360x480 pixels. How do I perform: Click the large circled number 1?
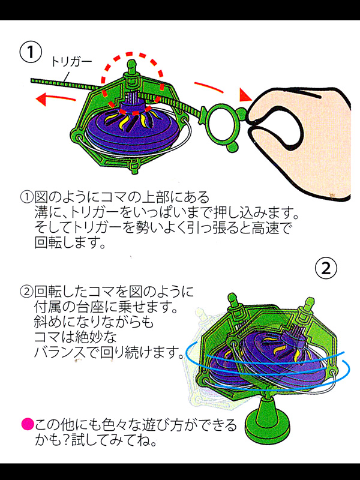(x=31, y=52)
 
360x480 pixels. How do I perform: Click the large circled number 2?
(x=326, y=268)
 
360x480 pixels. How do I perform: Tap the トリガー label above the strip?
(x=71, y=62)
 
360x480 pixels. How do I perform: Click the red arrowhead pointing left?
(x=41, y=100)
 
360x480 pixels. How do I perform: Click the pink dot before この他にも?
(x=27, y=425)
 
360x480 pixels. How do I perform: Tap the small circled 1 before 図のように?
(x=26, y=197)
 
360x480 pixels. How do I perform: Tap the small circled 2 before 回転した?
(x=26, y=292)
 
